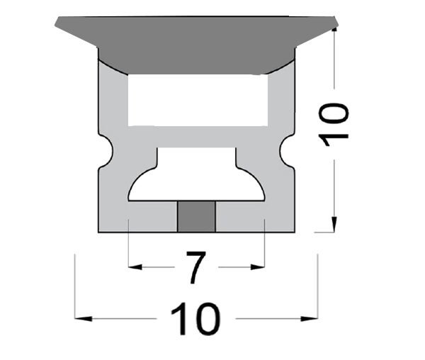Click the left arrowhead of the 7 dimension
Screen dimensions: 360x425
134,267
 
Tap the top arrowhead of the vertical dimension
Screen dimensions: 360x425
335,34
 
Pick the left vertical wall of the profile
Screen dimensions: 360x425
110,106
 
